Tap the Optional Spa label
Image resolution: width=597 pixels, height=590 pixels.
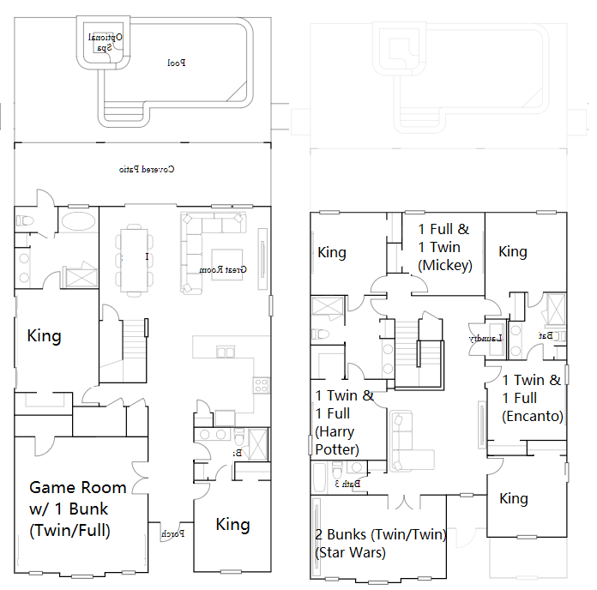106,42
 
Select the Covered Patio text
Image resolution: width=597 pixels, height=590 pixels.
147,170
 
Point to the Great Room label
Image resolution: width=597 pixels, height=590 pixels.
223,269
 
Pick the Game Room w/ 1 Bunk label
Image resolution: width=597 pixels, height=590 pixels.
77,509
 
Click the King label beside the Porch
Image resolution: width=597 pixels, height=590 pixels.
232,524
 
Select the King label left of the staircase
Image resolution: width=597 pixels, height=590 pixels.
44,334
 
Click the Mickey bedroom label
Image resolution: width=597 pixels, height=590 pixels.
444,247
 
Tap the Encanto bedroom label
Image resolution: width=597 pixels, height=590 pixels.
533,398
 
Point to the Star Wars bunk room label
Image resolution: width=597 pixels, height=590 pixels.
380,544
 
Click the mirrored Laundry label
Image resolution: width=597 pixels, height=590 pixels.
485,339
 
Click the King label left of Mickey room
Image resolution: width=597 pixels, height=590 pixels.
332,252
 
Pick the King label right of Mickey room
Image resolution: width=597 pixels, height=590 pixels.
513,251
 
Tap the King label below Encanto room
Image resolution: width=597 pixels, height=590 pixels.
514,498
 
